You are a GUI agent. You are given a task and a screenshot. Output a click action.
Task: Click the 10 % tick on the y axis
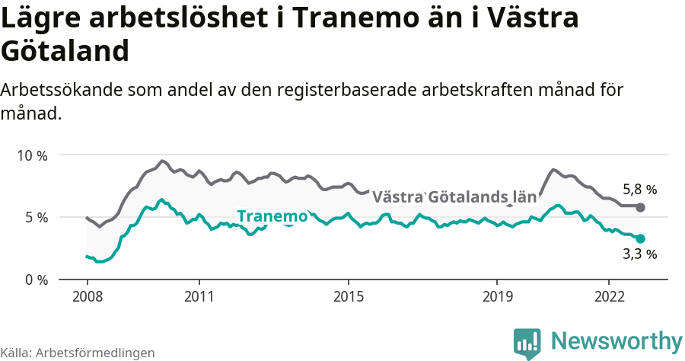[x=32, y=155]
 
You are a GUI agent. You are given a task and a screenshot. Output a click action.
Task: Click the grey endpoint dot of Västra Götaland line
[x=640, y=207]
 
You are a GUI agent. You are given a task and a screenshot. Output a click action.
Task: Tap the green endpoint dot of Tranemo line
[x=640, y=238]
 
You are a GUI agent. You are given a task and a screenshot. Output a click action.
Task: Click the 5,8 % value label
[x=639, y=190]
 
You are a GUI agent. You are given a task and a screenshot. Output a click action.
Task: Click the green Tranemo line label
[x=272, y=216]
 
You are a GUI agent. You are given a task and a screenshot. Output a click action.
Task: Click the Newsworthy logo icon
[x=527, y=343]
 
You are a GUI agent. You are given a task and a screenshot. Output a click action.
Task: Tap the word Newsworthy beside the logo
[x=616, y=340]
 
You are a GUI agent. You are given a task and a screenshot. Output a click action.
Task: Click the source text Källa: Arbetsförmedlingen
[x=78, y=353]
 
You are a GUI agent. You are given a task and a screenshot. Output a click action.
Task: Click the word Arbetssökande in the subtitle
[x=66, y=90]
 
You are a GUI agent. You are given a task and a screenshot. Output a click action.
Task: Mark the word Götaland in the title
[x=65, y=52]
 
